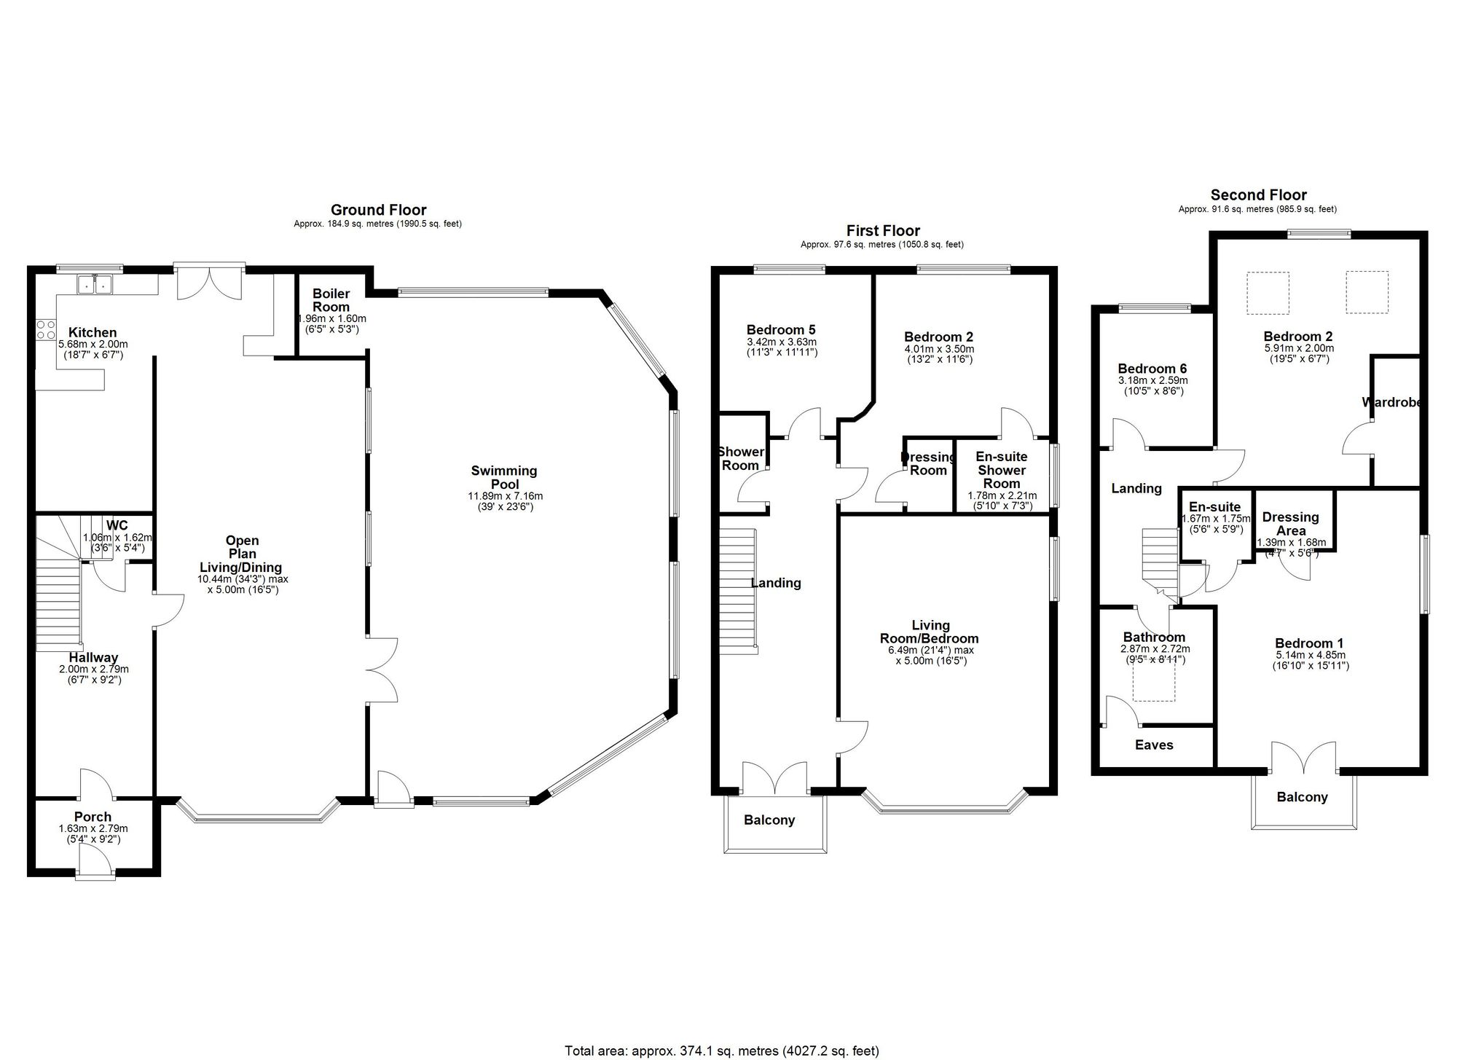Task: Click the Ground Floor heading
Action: coord(378,211)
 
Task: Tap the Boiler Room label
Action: coord(331,300)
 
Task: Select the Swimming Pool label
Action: coord(504,477)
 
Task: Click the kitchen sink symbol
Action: coord(95,285)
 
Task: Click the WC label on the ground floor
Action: coord(117,525)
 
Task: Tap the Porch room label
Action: coord(93,817)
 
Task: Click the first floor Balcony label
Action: coord(769,820)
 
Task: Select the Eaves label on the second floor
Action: coord(1154,745)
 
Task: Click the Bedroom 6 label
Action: coord(1152,369)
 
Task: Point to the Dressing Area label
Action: coord(1290,523)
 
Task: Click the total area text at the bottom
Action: coord(722,1051)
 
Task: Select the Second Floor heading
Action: coord(1258,195)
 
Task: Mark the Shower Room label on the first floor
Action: coord(740,458)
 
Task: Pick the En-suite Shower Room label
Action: coord(1002,470)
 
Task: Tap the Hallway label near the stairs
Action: coord(93,657)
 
